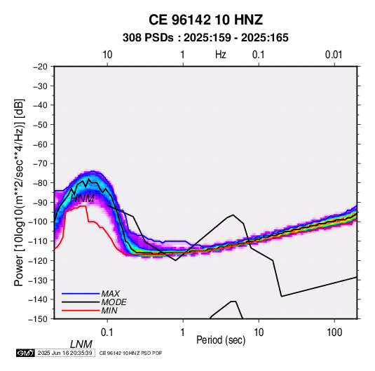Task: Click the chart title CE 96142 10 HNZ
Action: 205,20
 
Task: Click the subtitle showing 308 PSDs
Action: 205,38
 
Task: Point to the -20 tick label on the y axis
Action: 40,67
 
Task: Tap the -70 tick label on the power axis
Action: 40,163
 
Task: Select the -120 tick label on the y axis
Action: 38,260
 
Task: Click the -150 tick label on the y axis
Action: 38,319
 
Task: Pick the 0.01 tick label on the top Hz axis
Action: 334,55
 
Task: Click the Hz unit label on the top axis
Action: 221,55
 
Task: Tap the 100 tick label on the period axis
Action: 334,332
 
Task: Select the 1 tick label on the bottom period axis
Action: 183,332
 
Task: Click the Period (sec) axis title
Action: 221,340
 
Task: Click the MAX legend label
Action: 111,294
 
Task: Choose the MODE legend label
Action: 114,302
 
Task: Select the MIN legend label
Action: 109,311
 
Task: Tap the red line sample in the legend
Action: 81,311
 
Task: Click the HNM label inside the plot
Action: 82,198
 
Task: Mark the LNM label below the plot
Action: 81,344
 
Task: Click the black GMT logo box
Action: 26,353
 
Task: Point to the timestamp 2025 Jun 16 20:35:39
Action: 64,353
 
